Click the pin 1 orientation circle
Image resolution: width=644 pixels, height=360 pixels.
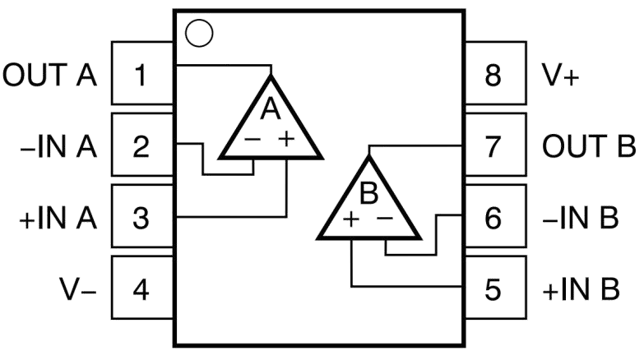[199, 33]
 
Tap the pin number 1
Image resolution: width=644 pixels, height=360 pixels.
[141, 75]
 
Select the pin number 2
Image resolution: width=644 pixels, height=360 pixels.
[141, 147]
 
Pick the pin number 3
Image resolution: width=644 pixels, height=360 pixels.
[141, 218]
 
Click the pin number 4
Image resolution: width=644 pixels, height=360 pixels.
[141, 289]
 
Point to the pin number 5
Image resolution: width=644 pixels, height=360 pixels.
[493, 289]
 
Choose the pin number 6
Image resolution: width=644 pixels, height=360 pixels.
[493, 218]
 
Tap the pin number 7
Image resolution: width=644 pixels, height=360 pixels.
[493, 147]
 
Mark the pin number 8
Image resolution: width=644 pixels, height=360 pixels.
[493, 75]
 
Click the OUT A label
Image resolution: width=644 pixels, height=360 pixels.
[49, 75]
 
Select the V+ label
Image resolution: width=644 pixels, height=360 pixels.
[561, 75]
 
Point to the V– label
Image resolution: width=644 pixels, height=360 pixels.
[78, 289]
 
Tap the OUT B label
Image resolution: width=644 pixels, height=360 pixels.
[589, 146]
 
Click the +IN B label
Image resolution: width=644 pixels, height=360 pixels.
[581, 289]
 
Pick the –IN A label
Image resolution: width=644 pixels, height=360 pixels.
[58, 147]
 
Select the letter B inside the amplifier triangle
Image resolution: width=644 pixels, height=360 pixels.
[368, 193]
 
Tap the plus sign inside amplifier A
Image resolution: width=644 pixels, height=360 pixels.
[287, 139]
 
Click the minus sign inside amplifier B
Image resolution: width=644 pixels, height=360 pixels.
[385, 219]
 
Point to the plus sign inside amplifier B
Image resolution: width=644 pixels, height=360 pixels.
[351, 219]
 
